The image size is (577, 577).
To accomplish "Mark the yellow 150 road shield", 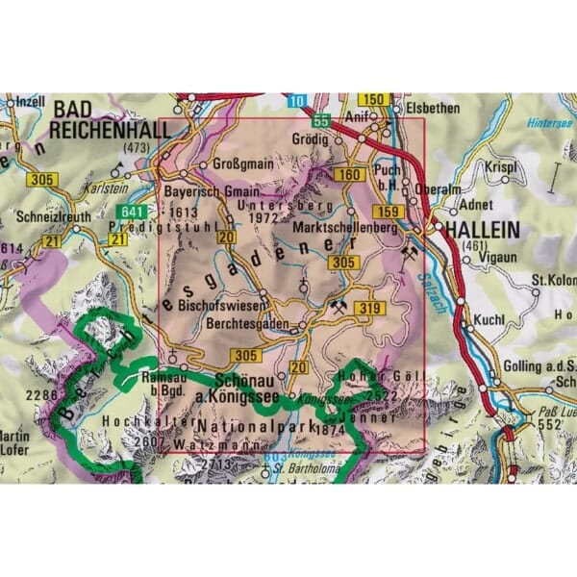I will (x=377, y=100).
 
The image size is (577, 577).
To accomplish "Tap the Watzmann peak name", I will (x=220, y=446).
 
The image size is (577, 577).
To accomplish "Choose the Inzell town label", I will (x=26, y=101).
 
